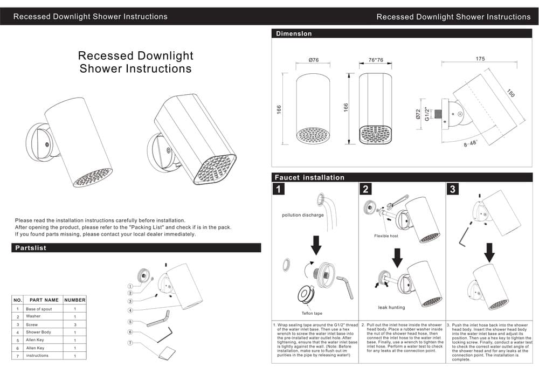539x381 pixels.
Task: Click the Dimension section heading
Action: pos(294,33)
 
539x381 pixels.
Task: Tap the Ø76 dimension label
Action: pos(314,60)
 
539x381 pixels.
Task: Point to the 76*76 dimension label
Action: pos(376,60)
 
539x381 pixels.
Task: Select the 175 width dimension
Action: pos(480,59)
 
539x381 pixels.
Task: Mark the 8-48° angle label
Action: pos(470,143)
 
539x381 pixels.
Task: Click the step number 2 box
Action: pos(365,189)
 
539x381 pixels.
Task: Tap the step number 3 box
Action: pos(452,189)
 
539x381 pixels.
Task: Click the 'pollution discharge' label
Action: pos(303,215)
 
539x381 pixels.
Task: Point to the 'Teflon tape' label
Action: pos(312,313)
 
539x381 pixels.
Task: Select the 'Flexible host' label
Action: pos(386,236)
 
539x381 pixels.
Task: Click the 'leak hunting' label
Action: pos(391,308)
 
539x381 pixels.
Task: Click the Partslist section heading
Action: pos(31,248)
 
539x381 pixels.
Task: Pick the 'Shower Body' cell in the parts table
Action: pos(38,332)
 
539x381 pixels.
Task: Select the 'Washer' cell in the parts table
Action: pos(33,316)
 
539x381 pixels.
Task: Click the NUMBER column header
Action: pos(75,300)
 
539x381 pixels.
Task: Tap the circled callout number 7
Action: pos(130,343)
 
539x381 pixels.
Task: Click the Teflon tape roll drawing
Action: pos(305,294)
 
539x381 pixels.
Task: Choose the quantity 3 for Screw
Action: pos(75,324)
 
